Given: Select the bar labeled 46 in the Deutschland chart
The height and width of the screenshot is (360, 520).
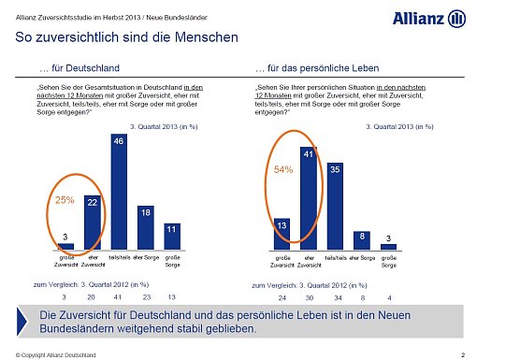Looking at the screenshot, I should click(x=119, y=192).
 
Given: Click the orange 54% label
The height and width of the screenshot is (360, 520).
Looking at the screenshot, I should click(x=283, y=170).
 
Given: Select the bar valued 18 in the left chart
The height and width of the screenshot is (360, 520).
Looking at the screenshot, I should click(x=145, y=227).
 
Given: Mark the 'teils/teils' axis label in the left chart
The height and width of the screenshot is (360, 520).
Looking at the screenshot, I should click(x=119, y=256).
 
